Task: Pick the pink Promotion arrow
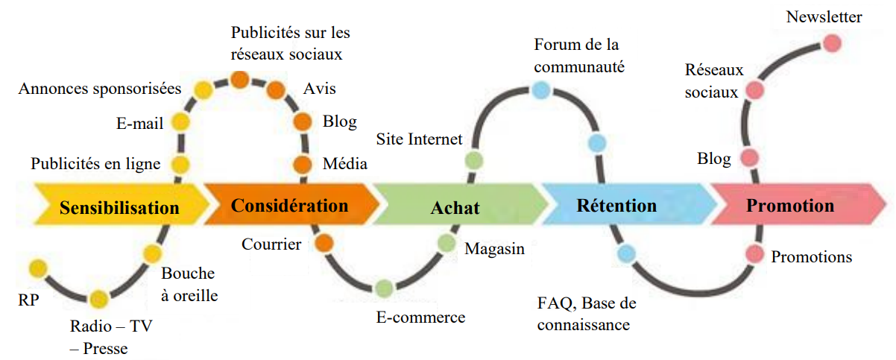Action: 790,205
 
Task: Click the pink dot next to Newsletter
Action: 832,43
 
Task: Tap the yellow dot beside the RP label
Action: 37,268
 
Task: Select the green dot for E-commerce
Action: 384,288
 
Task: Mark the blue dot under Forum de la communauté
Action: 541,91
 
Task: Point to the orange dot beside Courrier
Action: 324,243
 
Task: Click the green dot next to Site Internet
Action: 473,160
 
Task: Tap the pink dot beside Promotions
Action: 755,254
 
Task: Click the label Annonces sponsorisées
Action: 100,89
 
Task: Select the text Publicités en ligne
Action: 95,163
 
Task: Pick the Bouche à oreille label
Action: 189,284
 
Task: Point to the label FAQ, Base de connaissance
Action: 585,314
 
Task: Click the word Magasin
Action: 494,249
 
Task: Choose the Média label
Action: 344,164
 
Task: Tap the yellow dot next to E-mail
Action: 180,122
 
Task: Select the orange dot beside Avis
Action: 275,90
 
